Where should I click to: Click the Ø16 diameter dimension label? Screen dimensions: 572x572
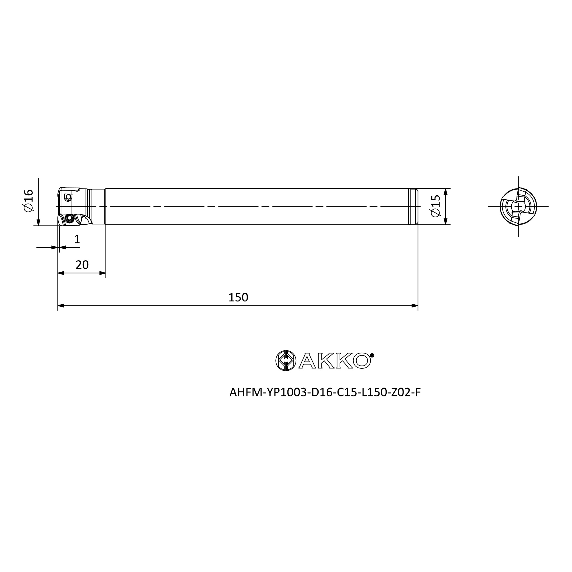click(29, 200)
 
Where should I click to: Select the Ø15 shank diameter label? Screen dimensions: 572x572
click(436, 206)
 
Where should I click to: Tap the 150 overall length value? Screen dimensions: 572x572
click(238, 297)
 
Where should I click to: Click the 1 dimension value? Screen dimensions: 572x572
click(77, 239)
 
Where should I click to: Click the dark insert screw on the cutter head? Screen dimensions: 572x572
click(69, 219)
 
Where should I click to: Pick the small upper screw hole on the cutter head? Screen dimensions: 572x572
click(68, 197)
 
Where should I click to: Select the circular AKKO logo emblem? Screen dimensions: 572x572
click(286, 361)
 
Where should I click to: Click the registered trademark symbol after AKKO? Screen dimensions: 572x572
click(372, 355)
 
